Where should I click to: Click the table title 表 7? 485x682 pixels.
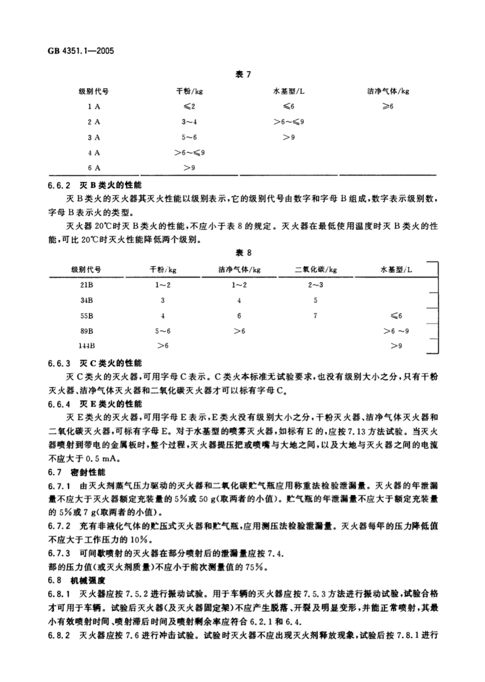[x=244, y=75]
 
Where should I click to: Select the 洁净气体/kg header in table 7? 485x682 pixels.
[x=388, y=91]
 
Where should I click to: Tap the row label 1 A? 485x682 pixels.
[x=94, y=106]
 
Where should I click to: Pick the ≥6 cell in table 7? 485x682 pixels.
[x=388, y=106]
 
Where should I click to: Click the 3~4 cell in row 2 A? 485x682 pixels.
[x=189, y=121]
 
